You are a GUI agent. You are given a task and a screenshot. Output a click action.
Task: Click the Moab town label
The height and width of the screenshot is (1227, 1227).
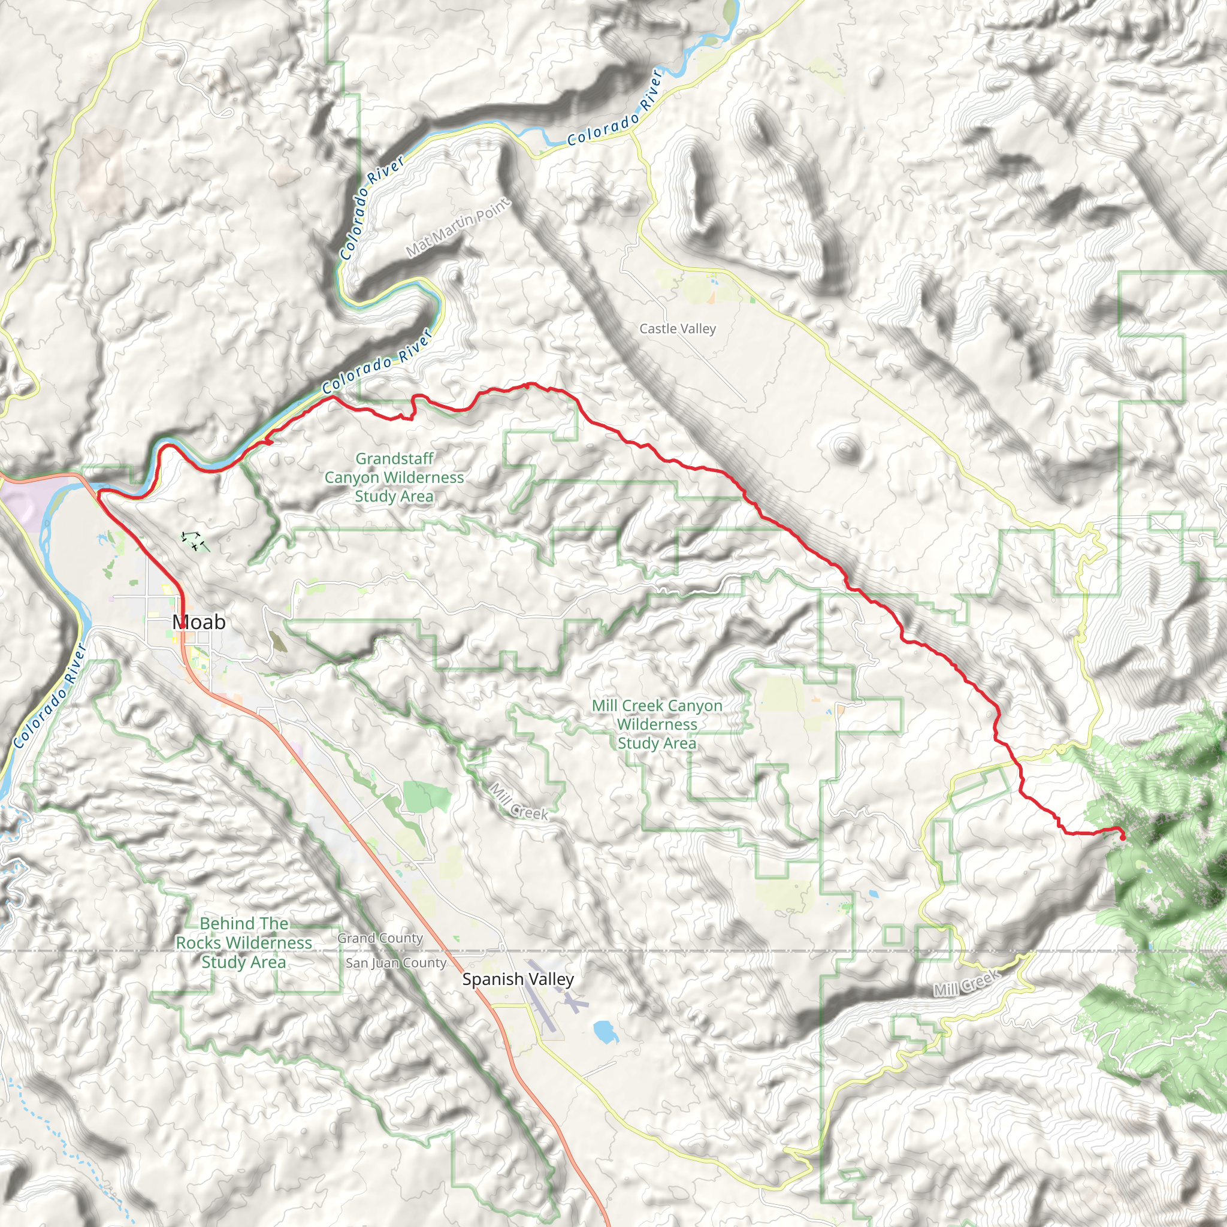click(x=199, y=622)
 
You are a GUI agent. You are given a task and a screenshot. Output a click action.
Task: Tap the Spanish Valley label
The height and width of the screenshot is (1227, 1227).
click(x=518, y=980)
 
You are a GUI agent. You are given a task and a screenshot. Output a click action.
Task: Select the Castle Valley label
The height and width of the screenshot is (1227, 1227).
click(x=677, y=328)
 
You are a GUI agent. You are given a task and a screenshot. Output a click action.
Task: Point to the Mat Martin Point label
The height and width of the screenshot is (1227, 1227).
click(x=457, y=227)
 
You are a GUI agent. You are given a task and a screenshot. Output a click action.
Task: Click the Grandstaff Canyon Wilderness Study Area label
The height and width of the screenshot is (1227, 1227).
click(x=394, y=477)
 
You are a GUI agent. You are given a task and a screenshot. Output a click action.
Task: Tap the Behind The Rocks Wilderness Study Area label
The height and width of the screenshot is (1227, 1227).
click(x=244, y=942)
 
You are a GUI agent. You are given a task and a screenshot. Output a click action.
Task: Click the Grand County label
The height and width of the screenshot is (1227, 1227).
click(x=380, y=938)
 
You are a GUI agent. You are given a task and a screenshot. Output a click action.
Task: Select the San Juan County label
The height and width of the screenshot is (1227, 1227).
click(x=395, y=963)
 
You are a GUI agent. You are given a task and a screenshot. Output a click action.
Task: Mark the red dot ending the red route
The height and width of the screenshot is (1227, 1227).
click(x=1122, y=838)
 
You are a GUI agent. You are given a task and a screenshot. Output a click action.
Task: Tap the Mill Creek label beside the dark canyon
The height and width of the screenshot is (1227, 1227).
click(x=966, y=984)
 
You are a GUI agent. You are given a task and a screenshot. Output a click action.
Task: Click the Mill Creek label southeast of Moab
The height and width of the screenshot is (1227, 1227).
click(x=518, y=802)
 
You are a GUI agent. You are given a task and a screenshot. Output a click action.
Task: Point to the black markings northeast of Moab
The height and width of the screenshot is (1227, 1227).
click(x=194, y=541)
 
